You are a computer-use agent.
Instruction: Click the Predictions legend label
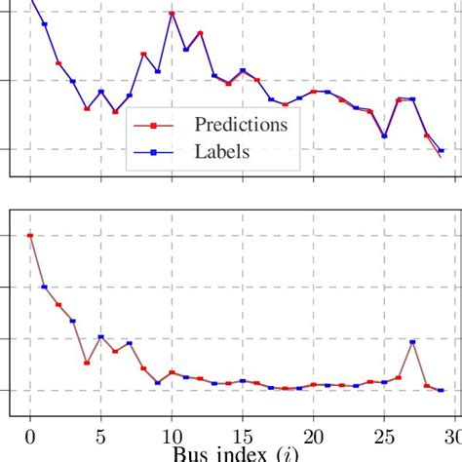point(241,124)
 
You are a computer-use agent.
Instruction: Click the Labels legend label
point(222,151)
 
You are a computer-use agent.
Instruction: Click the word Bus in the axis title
point(191,455)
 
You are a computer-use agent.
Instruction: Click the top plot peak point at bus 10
point(172,14)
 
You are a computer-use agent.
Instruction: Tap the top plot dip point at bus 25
point(384,135)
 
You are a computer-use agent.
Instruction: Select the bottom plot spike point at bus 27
point(412,342)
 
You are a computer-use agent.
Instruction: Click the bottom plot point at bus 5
point(101,337)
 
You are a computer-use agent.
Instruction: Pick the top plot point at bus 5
point(101,92)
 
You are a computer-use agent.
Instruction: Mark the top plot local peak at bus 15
point(243,71)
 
